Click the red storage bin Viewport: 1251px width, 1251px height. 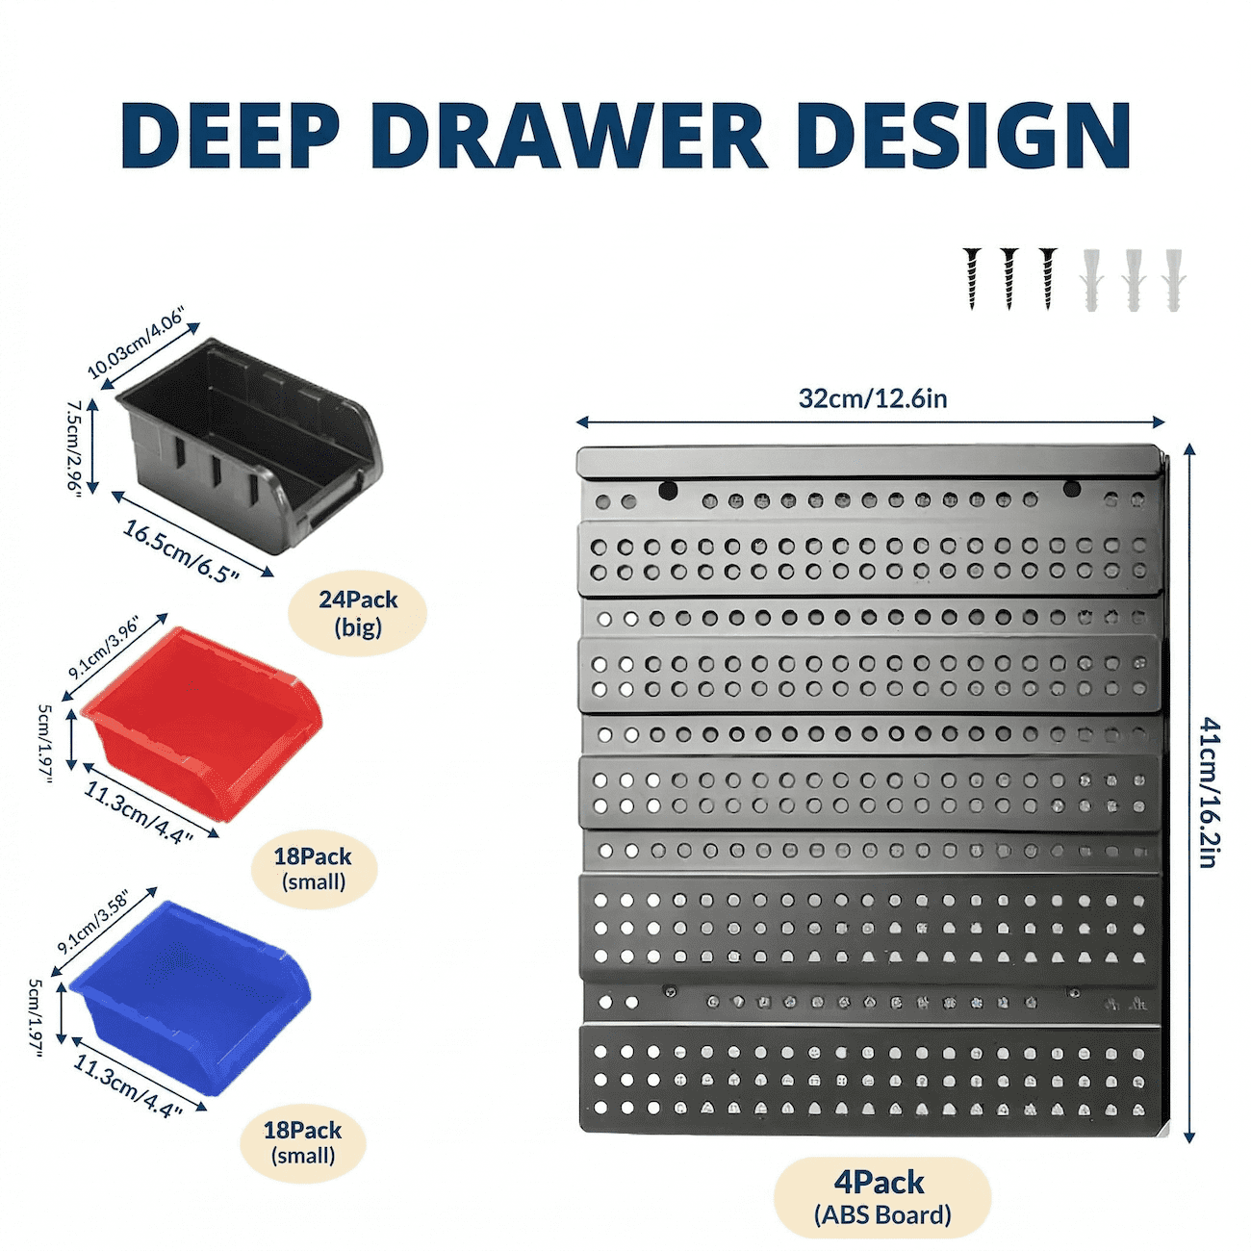click(202, 724)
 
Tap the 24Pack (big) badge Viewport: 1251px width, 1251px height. click(358, 613)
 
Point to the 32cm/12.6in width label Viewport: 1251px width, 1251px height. click(873, 398)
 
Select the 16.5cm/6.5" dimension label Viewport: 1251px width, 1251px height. click(181, 551)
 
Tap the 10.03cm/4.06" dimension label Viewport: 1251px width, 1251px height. click(136, 348)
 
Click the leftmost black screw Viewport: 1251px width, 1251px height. click(972, 278)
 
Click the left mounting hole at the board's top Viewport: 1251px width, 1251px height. click(668, 491)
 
